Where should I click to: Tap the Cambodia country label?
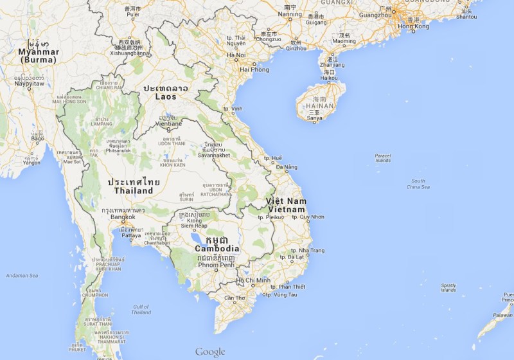coord(217,249)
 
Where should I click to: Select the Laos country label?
coord(166,96)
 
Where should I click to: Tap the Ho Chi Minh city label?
coord(254,280)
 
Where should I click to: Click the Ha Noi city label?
coord(236,55)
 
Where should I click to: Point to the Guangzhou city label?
coord(377,14)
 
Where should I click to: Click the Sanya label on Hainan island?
coord(314,118)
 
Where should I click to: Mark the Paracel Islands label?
coord(383,157)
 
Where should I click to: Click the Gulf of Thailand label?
coord(141,310)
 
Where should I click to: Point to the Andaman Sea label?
coord(22,276)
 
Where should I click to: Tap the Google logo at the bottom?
coord(210,352)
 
